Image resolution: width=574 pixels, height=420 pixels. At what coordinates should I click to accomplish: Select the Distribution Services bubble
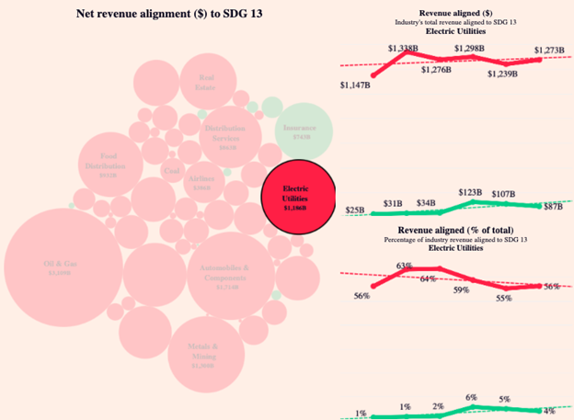pos(226,136)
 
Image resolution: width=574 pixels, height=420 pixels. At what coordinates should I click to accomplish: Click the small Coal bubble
pos(172,170)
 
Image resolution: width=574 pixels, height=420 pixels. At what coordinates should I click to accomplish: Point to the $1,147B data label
pos(354,85)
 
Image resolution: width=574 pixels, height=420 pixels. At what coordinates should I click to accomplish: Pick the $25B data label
pos(354,210)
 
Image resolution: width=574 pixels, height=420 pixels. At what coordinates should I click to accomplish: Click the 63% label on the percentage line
pos(403,267)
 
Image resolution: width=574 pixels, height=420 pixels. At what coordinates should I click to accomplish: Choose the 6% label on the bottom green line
pos(471,396)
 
